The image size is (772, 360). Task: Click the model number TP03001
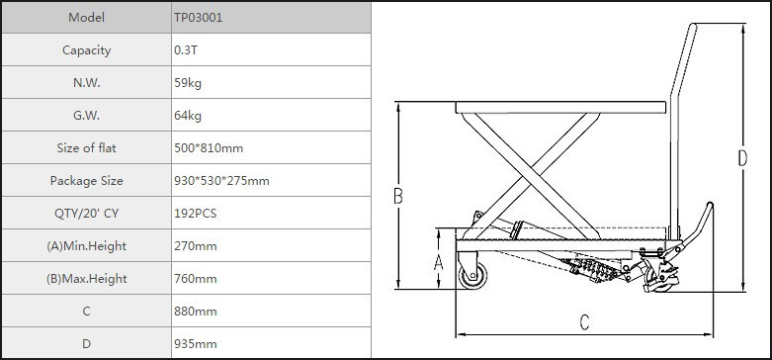(x=198, y=18)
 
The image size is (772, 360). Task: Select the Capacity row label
(x=86, y=50)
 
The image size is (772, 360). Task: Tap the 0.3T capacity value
(x=186, y=50)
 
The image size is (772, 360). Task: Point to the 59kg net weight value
(x=188, y=83)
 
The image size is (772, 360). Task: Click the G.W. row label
(x=86, y=116)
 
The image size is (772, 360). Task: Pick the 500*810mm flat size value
(x=209, y=147)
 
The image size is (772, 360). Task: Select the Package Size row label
(x=86, y=181)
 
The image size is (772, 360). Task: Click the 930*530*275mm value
(x=221, y=181)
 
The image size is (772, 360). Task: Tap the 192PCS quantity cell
(x=195, y=214)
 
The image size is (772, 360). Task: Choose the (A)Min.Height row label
(x=86, y=245)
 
